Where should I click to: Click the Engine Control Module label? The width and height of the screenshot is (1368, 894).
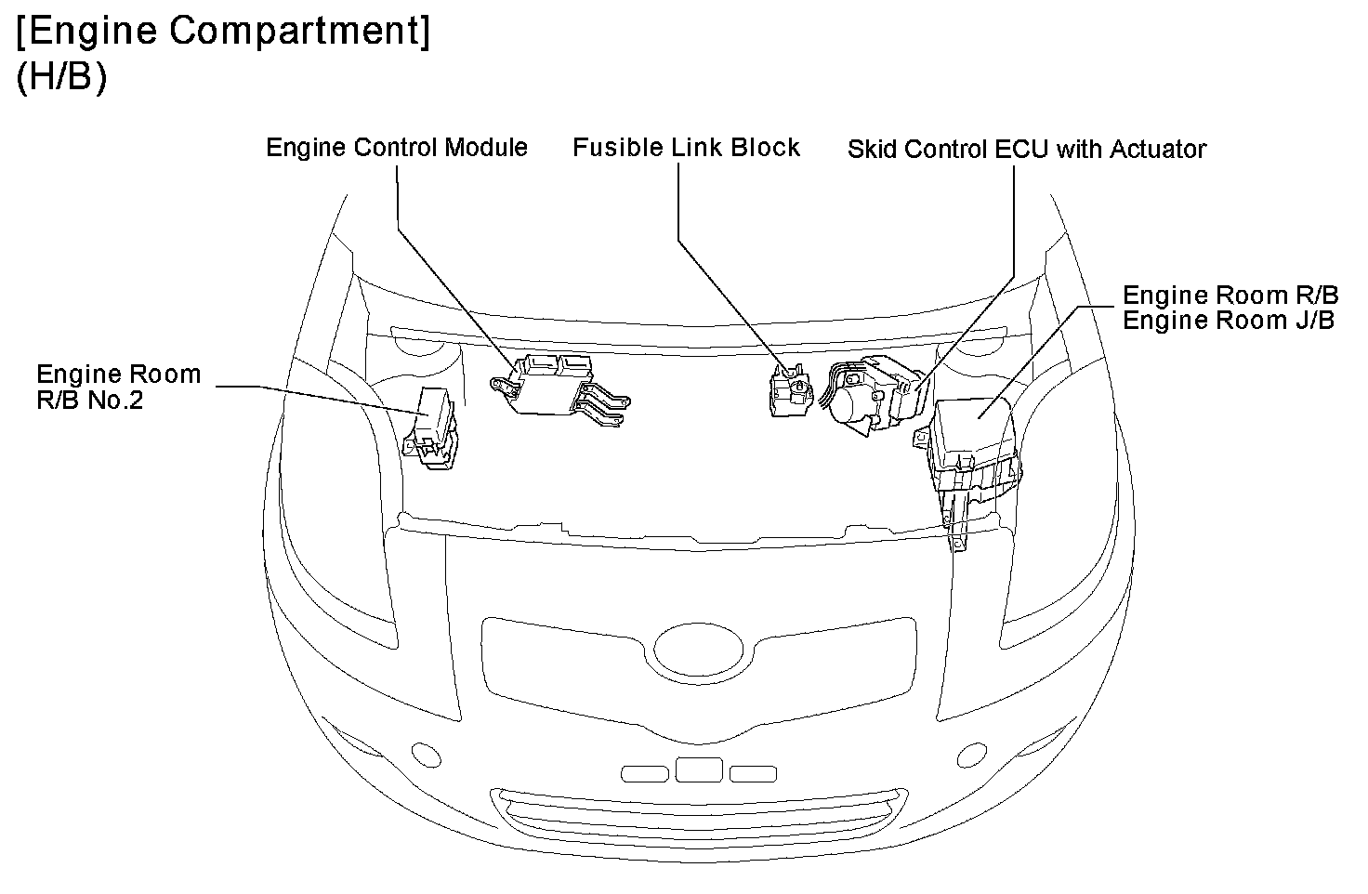(x=397, y=148)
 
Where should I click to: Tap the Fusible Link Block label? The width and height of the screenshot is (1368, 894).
(x=686, y=148)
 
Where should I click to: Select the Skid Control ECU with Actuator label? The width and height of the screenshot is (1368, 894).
(x=1026, y=149)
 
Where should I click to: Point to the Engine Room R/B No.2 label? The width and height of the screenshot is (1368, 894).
(x=118, y=388)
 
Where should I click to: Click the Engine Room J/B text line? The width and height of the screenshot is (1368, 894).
(x=1229, y=321)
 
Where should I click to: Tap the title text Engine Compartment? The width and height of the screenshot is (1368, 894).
(x=223, y=33)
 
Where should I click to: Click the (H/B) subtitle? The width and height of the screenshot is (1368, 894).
(x=61, y=77)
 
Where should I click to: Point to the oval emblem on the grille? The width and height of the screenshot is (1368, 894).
(x=699, y=647)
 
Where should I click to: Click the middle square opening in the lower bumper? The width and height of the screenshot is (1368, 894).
(x=699, y=769)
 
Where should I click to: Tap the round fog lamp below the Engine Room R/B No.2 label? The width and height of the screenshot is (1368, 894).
(x=426, y=754)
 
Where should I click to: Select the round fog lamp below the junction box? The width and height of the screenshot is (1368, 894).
(x=972, y=754)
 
